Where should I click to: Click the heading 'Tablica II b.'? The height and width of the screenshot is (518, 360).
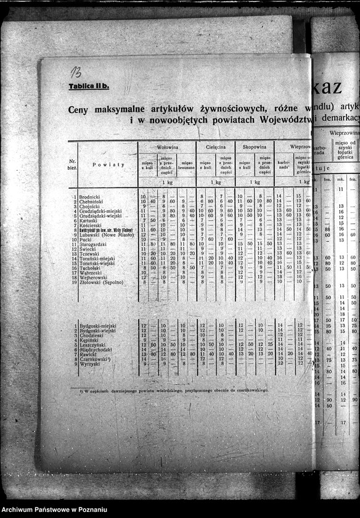[88, 86]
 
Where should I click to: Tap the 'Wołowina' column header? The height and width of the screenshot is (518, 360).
[167, 147]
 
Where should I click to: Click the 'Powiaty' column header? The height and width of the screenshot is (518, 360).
[108, 165]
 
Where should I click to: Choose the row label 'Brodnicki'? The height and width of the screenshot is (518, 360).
[90, 197]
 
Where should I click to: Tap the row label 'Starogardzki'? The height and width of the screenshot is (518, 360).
[93, 244]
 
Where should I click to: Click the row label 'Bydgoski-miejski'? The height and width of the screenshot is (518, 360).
[97, 326]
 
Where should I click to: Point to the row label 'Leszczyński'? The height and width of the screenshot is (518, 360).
[92, 345]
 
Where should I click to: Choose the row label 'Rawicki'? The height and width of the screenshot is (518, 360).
[88, 355]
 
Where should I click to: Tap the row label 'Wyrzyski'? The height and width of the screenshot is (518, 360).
[90, 364]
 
